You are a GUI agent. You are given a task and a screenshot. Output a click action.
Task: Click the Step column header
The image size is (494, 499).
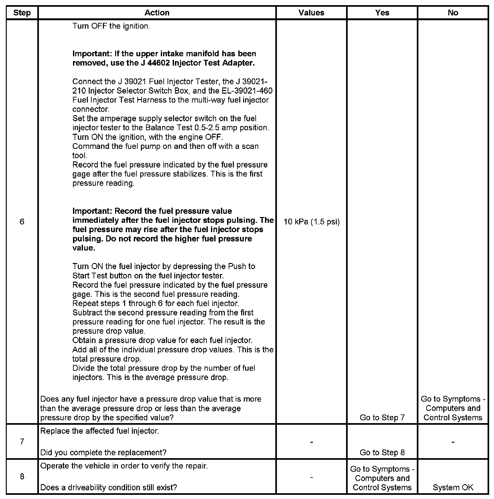(22, 13)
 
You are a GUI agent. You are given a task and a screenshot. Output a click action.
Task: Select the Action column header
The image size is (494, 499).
(157, 13)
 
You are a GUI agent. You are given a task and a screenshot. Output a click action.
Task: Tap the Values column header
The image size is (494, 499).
(311, 13)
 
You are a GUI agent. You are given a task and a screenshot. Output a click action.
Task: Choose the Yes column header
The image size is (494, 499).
(382, 13)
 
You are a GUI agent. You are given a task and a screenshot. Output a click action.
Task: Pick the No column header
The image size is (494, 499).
(453, 13)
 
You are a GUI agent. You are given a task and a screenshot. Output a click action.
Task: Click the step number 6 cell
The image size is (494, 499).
(22, 222)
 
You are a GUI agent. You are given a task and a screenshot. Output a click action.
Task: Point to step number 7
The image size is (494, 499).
(22, 441)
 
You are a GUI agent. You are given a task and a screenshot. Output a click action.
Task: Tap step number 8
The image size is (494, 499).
(22, 476)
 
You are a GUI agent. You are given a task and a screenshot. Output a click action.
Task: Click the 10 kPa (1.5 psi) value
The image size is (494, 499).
(311, 222)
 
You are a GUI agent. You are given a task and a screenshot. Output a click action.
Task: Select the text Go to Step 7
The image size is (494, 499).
(382, 417)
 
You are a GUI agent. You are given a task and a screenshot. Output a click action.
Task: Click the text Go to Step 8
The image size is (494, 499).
(382, 452)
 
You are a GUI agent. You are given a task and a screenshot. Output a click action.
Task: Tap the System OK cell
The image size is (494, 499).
(453, 487)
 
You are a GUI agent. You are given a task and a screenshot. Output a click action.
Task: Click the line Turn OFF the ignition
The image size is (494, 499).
(111, 26)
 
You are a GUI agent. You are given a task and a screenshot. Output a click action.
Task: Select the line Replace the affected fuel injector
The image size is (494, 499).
(100, 431)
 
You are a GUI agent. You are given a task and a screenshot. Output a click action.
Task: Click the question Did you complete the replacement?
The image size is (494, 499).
(103, 452)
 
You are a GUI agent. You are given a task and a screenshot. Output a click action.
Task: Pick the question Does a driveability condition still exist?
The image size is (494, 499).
(108, 487)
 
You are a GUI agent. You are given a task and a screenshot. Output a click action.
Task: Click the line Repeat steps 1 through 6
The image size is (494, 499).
(156, 303)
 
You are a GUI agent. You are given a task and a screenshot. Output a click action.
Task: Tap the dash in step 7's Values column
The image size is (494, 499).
(311, 442)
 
